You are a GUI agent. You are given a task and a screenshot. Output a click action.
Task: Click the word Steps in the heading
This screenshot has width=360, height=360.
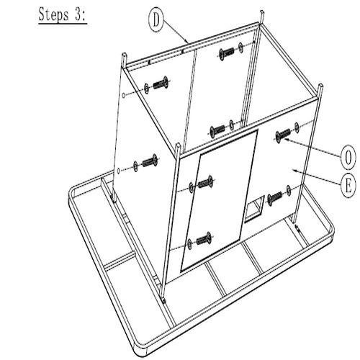[x=53, y=15]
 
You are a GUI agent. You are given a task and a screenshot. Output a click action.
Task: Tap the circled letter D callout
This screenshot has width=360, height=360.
[x=156, y=21]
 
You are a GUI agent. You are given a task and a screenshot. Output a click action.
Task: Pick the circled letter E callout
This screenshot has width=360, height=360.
[x=348, y=186]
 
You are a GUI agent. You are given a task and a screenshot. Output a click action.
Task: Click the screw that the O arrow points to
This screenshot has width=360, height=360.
[x=283, y=135]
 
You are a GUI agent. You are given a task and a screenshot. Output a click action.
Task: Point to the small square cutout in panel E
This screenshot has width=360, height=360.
[x=254, y=208]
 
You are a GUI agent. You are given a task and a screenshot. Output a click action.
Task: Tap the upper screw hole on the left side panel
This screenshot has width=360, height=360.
[x=123, y=95]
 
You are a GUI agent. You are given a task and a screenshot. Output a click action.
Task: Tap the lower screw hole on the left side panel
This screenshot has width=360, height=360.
[x=118, y=171]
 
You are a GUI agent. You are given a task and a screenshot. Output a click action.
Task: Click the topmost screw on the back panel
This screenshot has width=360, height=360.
[x=227, y=53]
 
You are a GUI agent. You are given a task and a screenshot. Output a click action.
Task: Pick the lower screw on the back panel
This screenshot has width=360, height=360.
[x=217, y=131]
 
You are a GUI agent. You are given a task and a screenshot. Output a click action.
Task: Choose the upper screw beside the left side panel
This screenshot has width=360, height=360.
[x=160, y=83]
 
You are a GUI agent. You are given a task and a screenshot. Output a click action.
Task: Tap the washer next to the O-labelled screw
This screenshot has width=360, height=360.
[x=297, y=127]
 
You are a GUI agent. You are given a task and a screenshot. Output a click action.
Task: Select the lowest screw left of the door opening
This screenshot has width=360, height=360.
[x=204, y=239]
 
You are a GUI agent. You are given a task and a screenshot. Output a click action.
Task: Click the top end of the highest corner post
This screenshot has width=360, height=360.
[x=262, y=11]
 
